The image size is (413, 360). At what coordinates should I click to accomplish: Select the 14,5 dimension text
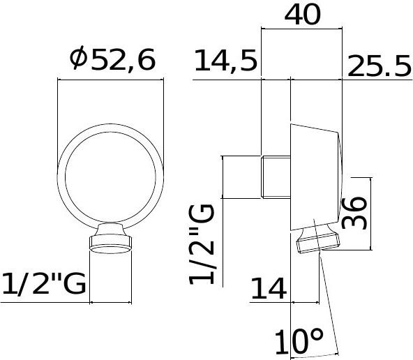225,62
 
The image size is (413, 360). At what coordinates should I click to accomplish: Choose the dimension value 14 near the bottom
270,286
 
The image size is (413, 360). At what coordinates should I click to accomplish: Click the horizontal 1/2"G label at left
43,285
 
